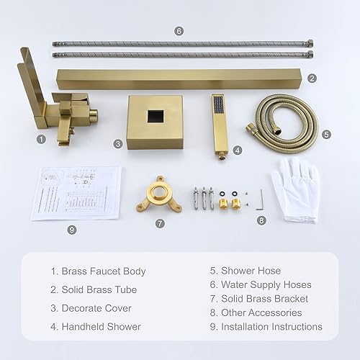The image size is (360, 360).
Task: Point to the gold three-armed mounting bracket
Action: pyautogui.click(x=159, y=197)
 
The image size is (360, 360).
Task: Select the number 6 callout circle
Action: pyautogui.click(x=179, y=30)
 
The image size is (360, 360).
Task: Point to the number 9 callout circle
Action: pyautogui.click(x=71, y=230)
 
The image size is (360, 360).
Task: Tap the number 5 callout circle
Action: pyautogui.click(x=326, y=134)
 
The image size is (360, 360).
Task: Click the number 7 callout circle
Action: pyautogui.click(x=160, y=223)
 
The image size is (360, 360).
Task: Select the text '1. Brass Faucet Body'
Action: pyautogui.click(x=98, y=271)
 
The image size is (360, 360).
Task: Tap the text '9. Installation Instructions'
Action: pyautogui.click(x=266, y=326)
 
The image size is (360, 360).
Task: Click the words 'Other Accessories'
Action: pyautogui.click(x=261, y=312)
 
